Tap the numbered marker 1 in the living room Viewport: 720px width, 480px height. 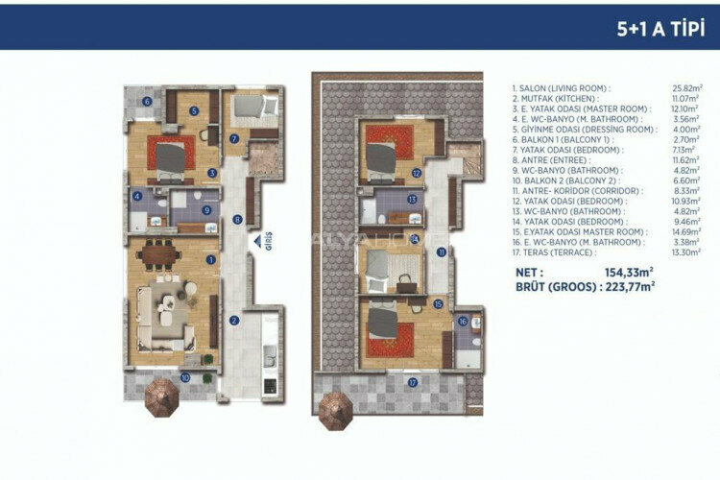210,258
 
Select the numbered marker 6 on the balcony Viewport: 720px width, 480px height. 147,101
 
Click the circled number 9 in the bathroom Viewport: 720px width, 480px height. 206,209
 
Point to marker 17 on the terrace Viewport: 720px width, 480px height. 412,382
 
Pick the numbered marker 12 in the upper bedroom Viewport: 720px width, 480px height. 416,173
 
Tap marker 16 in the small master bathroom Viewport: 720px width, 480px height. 463,322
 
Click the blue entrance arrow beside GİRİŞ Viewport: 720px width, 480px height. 256,242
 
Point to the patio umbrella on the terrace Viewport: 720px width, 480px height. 336,407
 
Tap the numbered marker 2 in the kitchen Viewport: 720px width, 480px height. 232,320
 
